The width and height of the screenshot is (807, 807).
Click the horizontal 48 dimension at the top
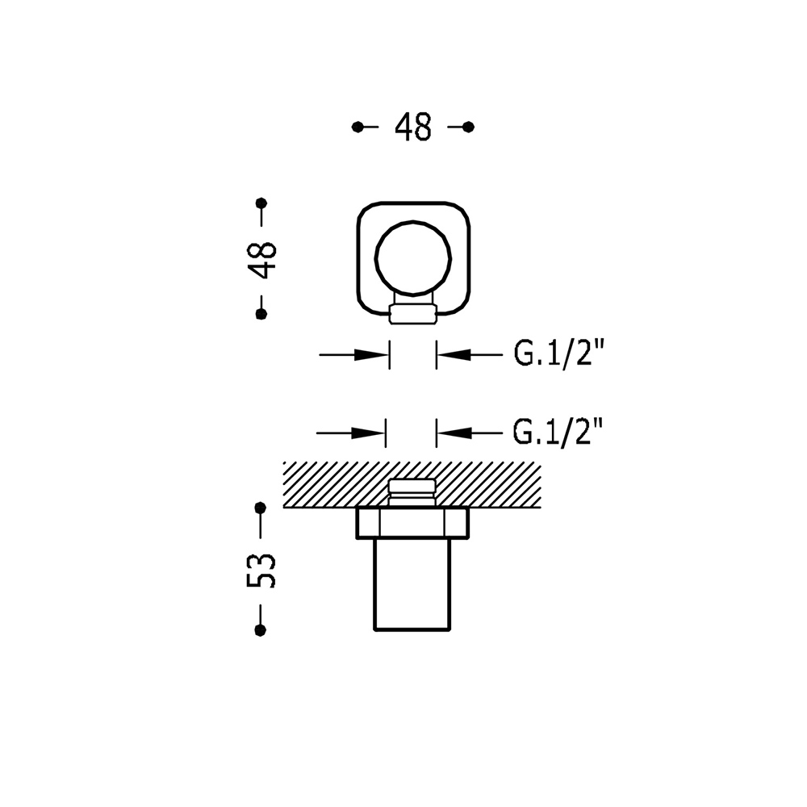pyautogui.click(x=412, y=128)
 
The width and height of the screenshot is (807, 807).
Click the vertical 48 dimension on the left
pyautogui.click(x=261, y=259)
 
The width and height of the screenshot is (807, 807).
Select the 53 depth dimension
pyautogui.click(x=261, y=570)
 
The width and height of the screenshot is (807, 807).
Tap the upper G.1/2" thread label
pyautogui.click(x=558, y=354)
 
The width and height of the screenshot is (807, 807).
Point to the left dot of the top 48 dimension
pyautogui.click(x=358, y=128)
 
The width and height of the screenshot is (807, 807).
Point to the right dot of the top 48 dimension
pyautogui.click(x=468, y=128)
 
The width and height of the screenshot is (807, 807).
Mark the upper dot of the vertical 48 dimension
pyautogui.click(x=261, y=203)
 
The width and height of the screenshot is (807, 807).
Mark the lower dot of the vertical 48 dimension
pyautogui.click(x=261, y=313)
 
